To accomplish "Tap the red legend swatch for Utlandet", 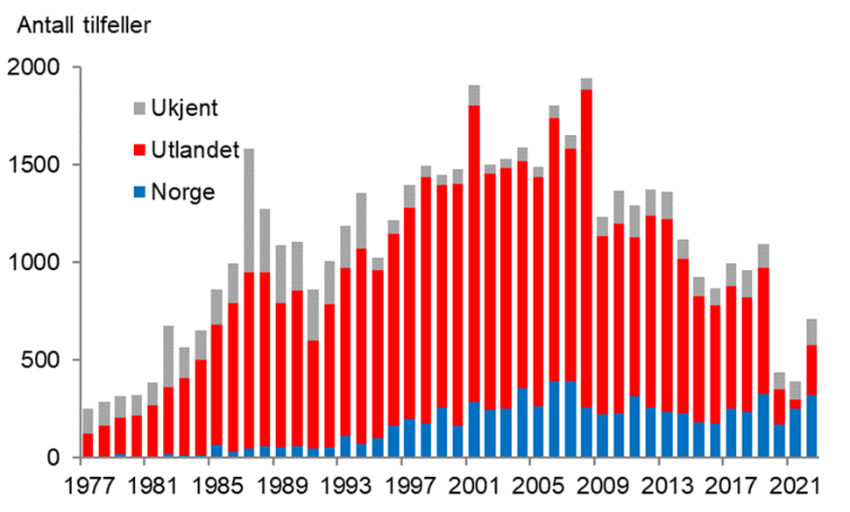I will (140, 151).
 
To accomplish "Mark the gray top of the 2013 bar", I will (667, 205).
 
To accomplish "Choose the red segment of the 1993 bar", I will (345, 351).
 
